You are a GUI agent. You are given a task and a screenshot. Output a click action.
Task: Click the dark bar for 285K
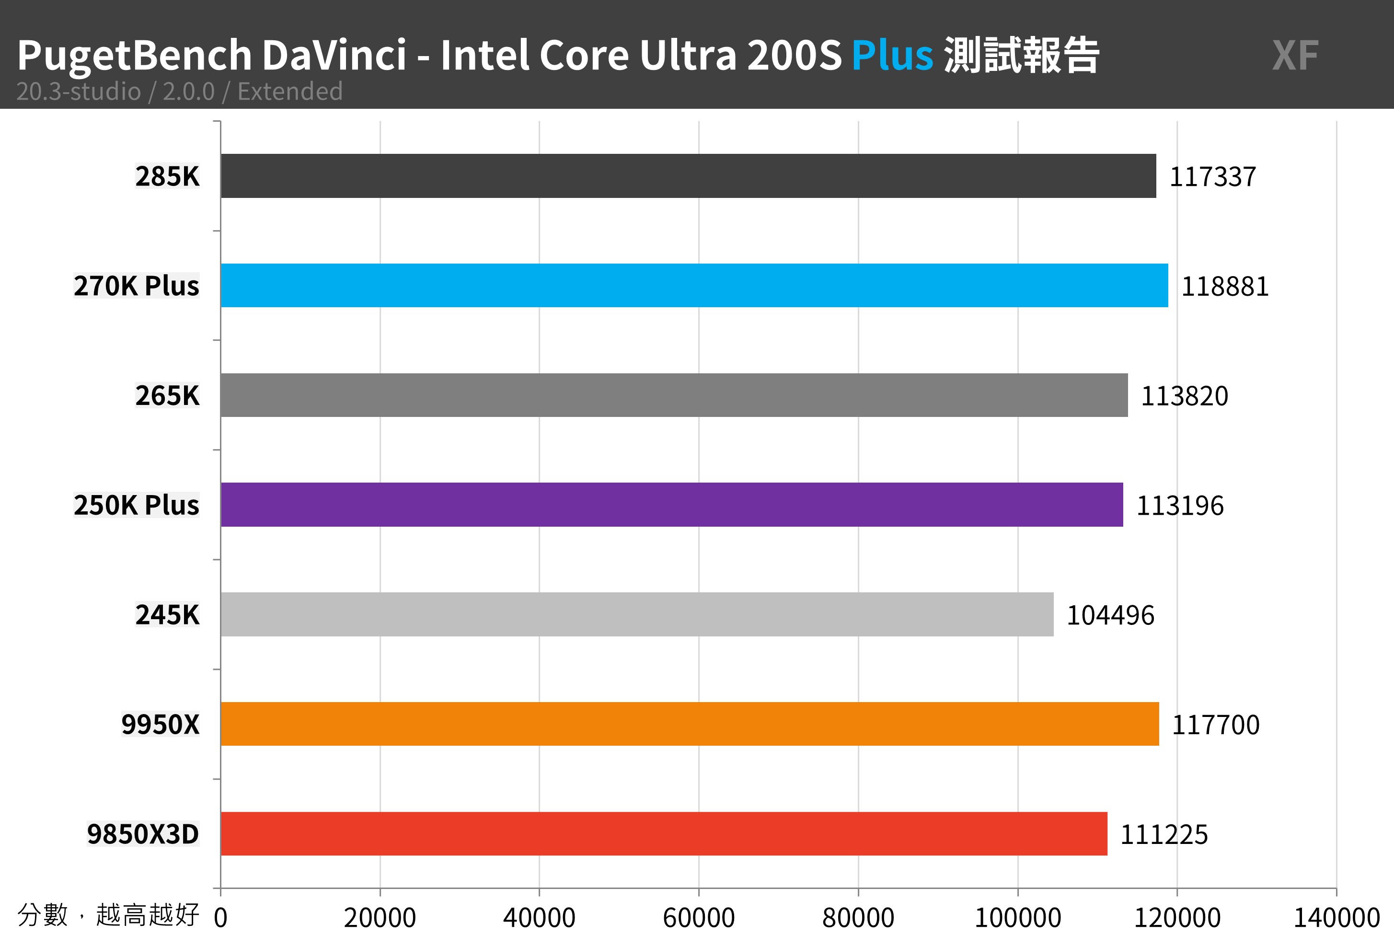pyautogui.click(x=688, y=176)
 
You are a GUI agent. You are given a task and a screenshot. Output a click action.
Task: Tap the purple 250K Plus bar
pyautogui.click(x=671, y=505)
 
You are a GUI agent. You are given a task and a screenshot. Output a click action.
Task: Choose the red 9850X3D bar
pyautogui.click(x=664, y=833)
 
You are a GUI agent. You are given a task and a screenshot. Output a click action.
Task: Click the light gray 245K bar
pyautogui.click(x=637, y=614)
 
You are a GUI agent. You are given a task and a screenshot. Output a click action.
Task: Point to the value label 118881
pyautogui.click(x=1225, y=287)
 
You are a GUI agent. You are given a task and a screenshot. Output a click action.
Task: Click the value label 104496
pyautogui.click(x=1110, y=615)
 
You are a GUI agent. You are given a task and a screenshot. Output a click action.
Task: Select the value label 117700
pyautogui.click(x=1216, y=725)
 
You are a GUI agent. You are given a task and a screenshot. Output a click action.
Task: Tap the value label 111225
pyautogui.click(x=1164, y=835)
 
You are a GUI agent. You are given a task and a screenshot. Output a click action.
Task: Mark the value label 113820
pyautogui.click(x=1184, y=396)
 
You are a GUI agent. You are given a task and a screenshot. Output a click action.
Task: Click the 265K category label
pyautogui.click(x=167, y=395)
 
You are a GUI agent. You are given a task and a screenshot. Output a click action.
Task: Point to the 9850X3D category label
pyautogui.click(x=143, y=833)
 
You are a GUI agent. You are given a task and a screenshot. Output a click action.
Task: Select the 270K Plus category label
pyautogui.click(x=137, y=286)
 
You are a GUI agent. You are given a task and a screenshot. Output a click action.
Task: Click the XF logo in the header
pyautogui.click(x=1295, y=56)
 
